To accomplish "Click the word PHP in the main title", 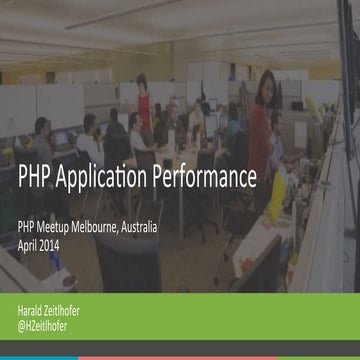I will point(37,179).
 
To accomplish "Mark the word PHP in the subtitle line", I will point(29,228).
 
